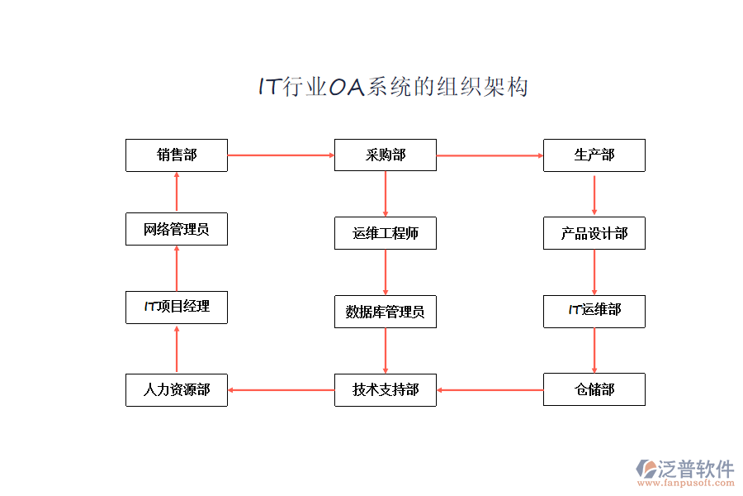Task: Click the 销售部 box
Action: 177,155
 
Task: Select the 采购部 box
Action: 386,155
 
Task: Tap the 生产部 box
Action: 594,155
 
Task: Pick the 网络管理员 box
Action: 177,229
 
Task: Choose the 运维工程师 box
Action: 386,233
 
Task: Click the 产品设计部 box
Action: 594,233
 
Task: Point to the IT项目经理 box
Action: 177,307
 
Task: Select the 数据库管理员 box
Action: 386,312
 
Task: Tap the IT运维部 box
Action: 594,311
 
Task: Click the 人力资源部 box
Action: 177,389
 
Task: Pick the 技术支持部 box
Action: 386,389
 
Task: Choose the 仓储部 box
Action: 594,389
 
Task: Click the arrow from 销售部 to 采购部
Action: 281,155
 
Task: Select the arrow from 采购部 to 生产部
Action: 490,155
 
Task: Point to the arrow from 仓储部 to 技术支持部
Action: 490,389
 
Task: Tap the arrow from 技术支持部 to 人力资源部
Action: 281,389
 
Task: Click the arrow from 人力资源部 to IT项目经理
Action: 177,348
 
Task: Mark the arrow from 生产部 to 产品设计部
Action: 594,194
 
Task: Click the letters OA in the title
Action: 347,87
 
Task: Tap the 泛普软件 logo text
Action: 696,469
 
